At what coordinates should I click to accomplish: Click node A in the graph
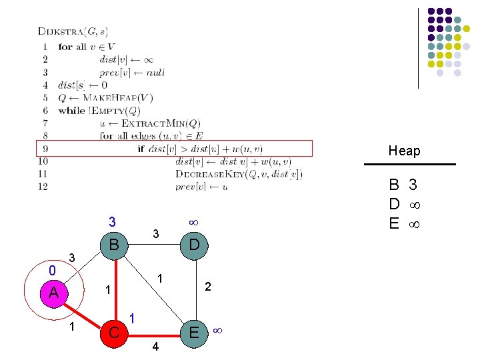[53, 293]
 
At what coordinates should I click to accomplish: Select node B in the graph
[114, 245]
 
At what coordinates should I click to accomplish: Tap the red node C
[114, 332]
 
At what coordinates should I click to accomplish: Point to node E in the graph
[193, 332]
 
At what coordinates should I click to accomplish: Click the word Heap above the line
[405, 151]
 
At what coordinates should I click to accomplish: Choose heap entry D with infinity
[404, 204]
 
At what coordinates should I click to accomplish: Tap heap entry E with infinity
[404, 223]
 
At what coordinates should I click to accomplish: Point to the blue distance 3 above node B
[113, 221]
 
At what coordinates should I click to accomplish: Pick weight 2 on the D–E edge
[209, 287]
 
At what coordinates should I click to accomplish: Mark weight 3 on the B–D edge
[155, 234]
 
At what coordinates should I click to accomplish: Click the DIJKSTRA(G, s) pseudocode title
[73, 31]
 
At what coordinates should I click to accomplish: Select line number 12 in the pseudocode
[43, 187]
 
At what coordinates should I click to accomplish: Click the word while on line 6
[71, 111]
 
